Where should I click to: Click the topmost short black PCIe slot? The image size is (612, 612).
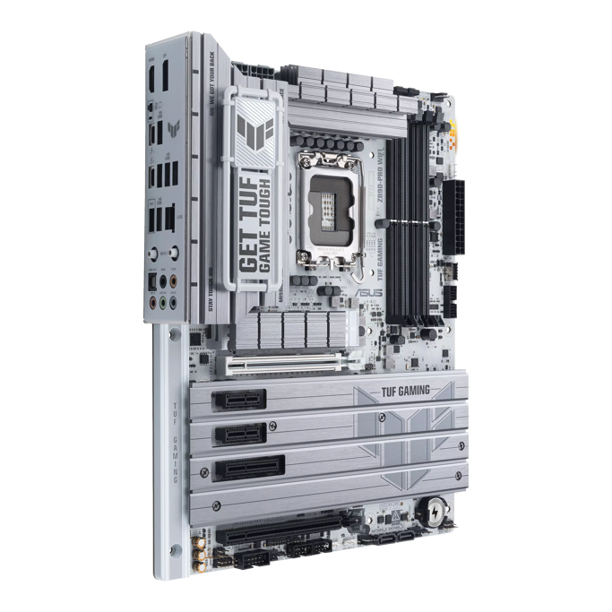click(x=240, y=401)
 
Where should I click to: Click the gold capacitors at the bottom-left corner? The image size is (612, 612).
click(x=196, y=555)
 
